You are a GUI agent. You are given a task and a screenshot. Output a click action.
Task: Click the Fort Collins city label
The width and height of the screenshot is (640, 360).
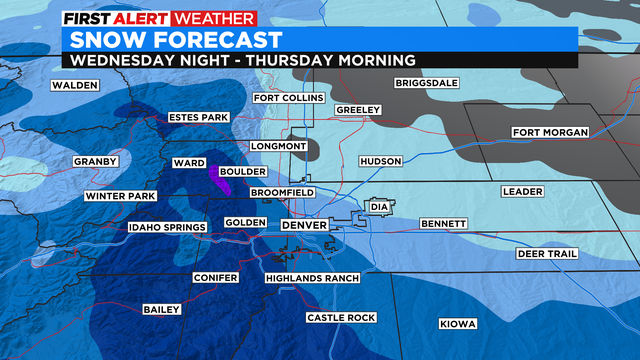tap(288, 98)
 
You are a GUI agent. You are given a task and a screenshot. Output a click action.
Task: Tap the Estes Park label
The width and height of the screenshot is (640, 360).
tap(200, 117)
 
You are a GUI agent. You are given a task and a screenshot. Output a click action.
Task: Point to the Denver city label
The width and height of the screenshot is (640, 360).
tap(303, 225)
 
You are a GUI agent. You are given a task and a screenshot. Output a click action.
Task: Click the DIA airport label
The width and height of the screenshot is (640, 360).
tap(378, 207)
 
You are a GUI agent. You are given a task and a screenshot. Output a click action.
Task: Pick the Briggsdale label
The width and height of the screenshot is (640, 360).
tap(430, 83)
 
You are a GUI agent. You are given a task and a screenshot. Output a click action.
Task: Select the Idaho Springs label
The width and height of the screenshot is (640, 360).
tap(166, 228)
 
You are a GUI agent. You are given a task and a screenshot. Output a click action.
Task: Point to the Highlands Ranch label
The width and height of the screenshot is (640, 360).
tap(311, 277)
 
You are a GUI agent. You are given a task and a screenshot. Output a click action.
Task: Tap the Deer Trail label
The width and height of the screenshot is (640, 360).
tap(546, 254)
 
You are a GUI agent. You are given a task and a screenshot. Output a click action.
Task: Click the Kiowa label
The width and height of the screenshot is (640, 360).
tap(458, 324)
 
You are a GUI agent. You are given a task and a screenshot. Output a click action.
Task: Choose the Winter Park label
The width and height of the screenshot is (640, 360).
tap(120, 196)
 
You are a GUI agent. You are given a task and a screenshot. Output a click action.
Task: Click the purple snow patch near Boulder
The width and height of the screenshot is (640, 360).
tap(219, 179)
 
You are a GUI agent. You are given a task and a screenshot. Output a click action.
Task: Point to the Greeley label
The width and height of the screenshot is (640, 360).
tap(356, 109)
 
